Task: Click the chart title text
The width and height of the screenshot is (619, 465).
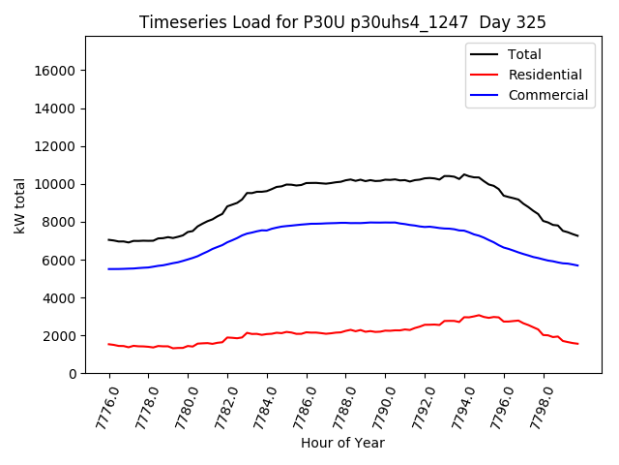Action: [342, 22]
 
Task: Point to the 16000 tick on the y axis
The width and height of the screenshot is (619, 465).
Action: [57, 71]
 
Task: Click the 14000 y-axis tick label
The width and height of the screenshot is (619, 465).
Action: [57, 108]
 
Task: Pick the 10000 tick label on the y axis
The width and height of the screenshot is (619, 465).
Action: [57, 184]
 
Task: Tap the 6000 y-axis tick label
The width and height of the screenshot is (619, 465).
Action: [61, 260]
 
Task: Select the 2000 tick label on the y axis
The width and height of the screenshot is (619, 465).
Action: [61, 336]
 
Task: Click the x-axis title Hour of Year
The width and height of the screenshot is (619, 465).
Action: [342, 443]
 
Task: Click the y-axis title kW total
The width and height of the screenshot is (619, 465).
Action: [19, 205]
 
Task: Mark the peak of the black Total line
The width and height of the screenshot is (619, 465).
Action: [464, 174]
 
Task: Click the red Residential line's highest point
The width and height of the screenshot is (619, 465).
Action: [478, 315]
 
